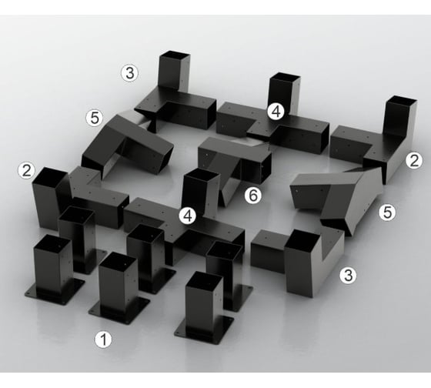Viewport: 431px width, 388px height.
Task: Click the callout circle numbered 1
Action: point(103,339)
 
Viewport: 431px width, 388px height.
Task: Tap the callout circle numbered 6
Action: point(253,196)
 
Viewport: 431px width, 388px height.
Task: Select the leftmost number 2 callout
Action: point(26,170)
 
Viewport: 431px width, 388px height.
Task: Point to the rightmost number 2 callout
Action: point(414,161)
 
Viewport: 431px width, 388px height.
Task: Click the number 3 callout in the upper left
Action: point(130,73)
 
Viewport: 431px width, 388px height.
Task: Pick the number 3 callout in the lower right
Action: point(348,276)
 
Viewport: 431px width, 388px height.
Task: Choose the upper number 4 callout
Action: point(276,112)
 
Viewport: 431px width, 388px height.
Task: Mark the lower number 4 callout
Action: point(188,216)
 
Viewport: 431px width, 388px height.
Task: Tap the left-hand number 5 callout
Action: point(95,119)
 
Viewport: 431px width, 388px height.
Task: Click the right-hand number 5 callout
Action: point(388,212)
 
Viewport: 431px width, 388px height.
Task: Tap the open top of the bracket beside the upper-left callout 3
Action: point(175,55)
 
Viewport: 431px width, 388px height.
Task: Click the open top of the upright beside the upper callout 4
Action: point(285,77)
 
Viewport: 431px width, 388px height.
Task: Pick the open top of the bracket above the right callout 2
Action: point(402,100)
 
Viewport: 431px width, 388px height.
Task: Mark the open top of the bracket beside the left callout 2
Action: point(50,174)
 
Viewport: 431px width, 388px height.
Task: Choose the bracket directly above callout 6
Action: point(235,165)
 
